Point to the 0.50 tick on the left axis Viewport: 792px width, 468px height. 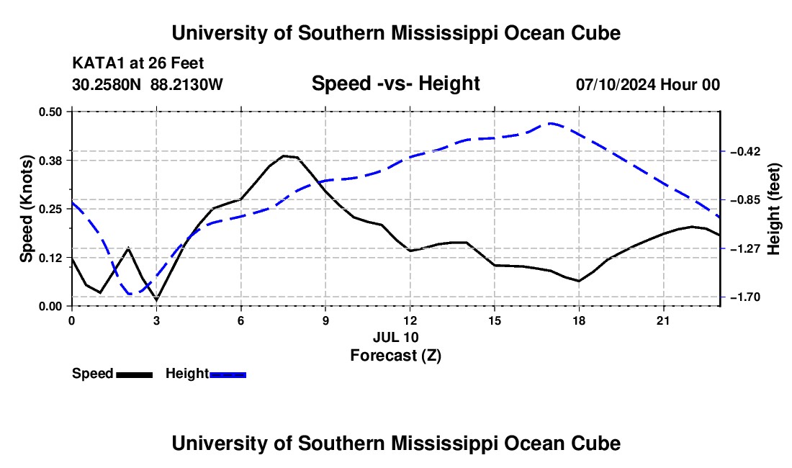(x=50, y=112)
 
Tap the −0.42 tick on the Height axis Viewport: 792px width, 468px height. (x=742, y=151)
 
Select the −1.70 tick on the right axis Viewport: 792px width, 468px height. (x=742, y=297)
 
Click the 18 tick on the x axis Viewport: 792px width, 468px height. (x=579, y=320)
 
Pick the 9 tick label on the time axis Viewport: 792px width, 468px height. (x=325, y=320)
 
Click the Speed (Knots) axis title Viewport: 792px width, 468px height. (x=26, y=209)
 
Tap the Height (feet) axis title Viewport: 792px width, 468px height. (x=774, y=209)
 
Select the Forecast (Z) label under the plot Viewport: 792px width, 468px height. (x=395, y=356)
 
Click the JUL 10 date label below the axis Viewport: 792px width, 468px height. (x=396, y=337)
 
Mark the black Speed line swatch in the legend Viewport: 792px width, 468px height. (x=135, y=374)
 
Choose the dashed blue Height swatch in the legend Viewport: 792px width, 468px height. (x=228, y=374)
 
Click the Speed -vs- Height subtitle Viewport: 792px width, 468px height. (x=395, y=84)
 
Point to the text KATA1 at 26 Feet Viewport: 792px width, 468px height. (x=138, y=63)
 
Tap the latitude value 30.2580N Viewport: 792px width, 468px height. (x=107, y=84)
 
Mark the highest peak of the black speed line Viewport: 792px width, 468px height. (x=284, y=156)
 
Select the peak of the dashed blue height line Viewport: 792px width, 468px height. (x=551, y=123)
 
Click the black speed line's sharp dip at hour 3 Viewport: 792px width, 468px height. (x=156, y=300)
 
